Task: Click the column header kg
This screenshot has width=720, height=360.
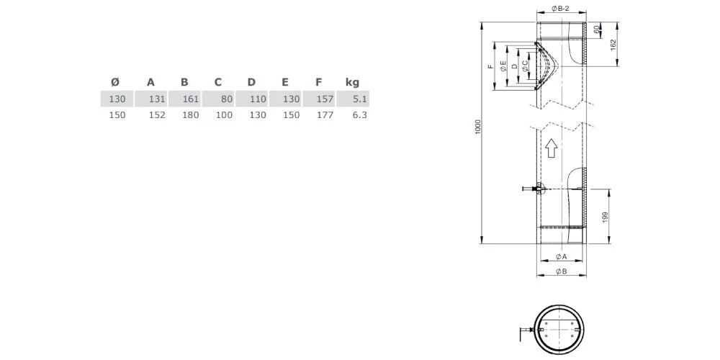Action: (x=352, y=82)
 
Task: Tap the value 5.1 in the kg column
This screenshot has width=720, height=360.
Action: (x=360, y=99)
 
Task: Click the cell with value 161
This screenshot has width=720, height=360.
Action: (x=190, y=99)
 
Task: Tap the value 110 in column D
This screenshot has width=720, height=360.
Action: (x=258, y=99)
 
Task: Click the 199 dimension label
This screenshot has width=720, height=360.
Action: (x=606, y=217)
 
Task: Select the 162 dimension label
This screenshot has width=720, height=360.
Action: (x=613, y=44)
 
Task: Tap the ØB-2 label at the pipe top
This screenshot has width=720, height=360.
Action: (x=561, y=9)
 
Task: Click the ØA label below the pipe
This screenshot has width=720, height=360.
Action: (x=561, y=256)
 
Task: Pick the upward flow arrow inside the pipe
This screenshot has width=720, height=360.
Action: (x=551, y=148)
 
